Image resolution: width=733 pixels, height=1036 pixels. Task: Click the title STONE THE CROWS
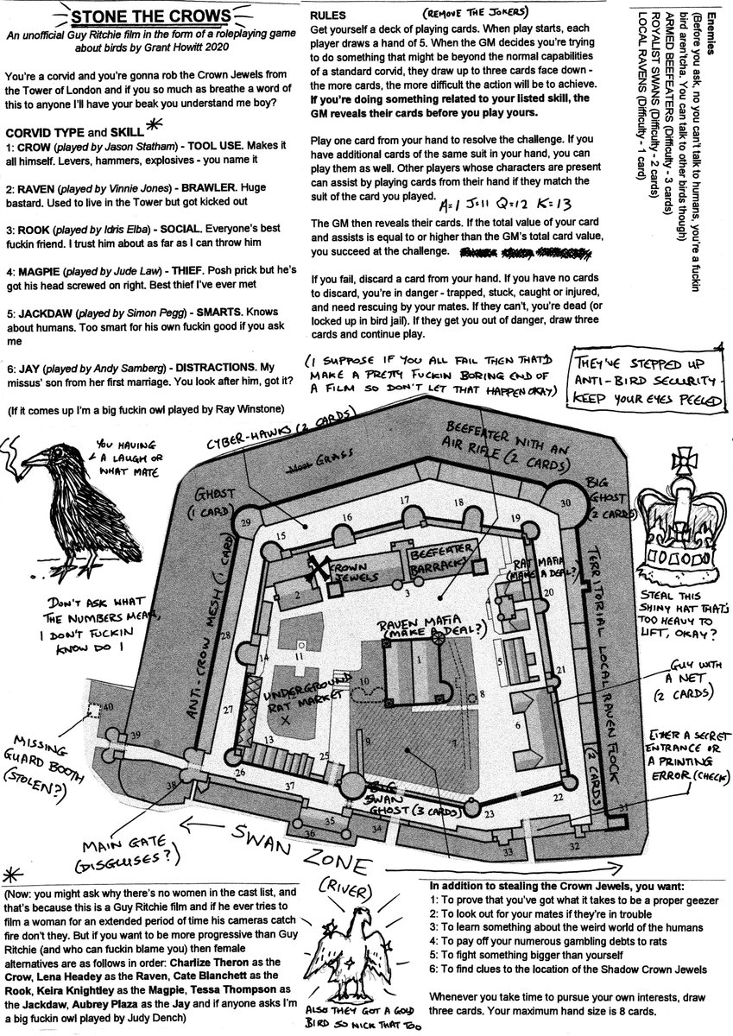pyautogui.click(x=151, y=18)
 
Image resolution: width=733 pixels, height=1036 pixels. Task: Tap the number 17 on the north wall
pyautogui.click(x=403, y=501)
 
